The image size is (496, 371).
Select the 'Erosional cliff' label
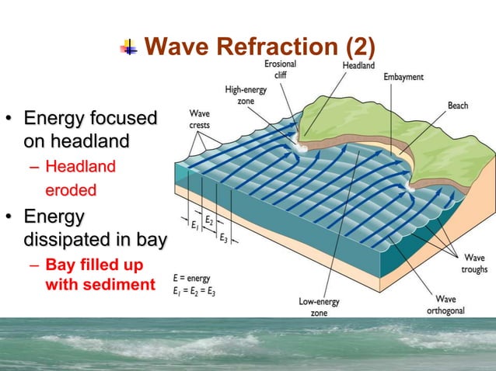[x=279, y=69]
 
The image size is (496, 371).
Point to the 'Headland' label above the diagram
[x=358, y=67]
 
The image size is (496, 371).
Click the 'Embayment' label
[x=403, y=78]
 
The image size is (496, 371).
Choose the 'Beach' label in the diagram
[x=457, y=105]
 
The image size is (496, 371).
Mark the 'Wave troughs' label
[x=474, y=263]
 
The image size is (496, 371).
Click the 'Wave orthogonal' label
[x=445, y=303]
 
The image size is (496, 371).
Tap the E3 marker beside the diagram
[x=223, y=237]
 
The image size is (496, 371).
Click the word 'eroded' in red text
[x=70, y=189]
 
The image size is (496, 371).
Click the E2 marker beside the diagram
[x=209, y=220]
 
